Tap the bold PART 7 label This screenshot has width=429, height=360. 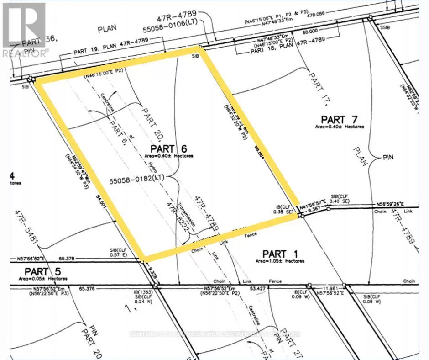(x=339, y=120)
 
